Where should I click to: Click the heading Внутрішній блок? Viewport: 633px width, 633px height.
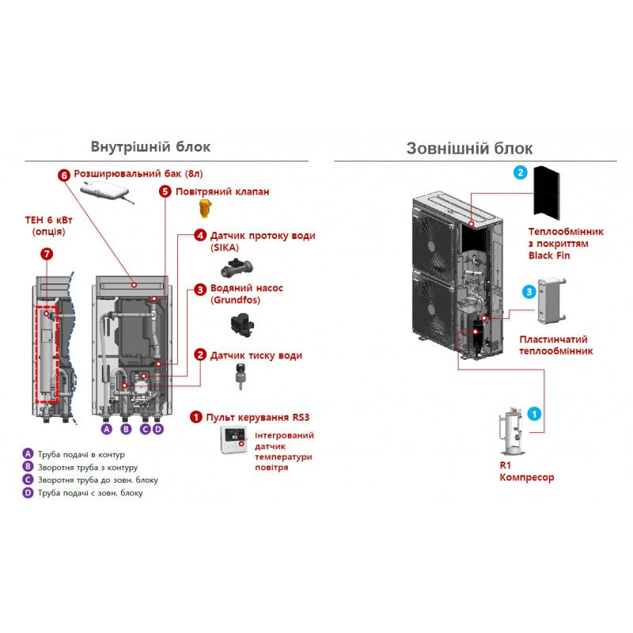151,146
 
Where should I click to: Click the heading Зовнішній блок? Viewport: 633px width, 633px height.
469,148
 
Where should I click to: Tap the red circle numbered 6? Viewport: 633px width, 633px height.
64,174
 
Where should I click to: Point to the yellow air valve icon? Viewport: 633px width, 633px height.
206,210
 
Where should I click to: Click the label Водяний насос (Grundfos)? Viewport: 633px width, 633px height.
246,294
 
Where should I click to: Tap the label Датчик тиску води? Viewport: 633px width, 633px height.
255,355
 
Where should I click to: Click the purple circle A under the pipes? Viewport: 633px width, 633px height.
107,429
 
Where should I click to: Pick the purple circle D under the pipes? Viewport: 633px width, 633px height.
158,429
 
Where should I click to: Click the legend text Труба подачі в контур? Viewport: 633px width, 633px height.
81,454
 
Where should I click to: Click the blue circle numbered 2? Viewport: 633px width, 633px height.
520,172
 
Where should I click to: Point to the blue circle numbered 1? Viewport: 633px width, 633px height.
534,412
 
